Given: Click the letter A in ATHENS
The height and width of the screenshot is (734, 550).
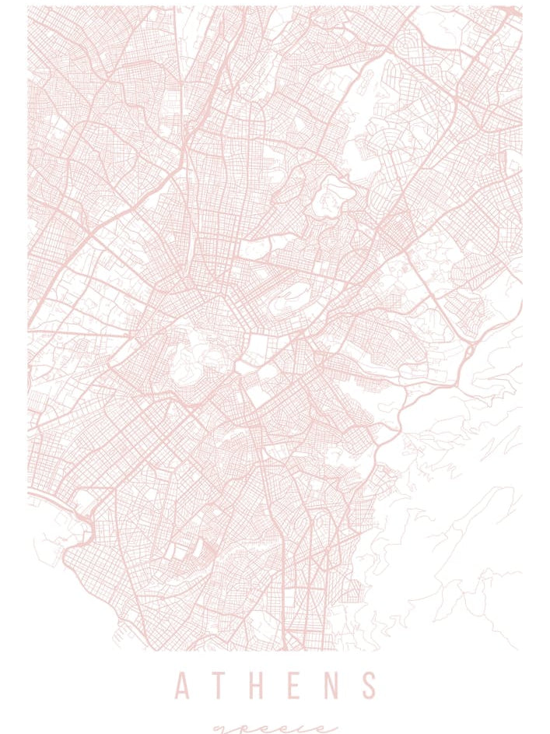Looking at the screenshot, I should pos(183,686).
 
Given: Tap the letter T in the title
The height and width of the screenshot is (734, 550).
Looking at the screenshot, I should pos(222,686).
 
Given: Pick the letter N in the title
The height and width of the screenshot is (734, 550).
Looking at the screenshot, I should pos(332,686).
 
